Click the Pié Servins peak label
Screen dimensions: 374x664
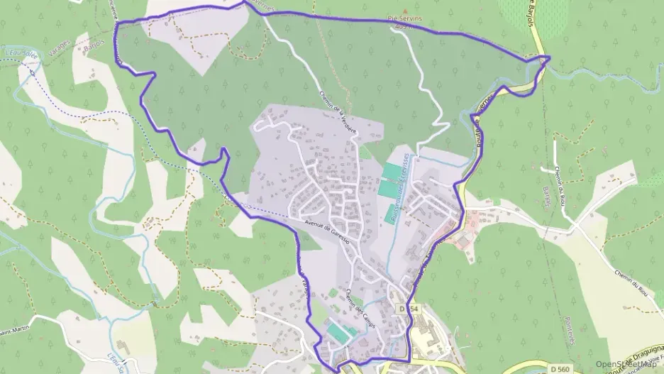point(404,18)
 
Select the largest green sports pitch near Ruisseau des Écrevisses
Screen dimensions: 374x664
point(389,172)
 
